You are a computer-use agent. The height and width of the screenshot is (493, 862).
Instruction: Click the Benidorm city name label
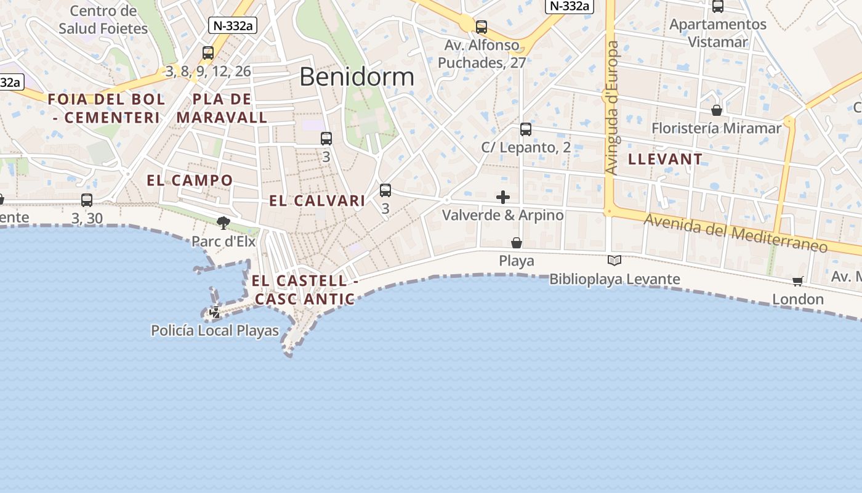tap(356, 77)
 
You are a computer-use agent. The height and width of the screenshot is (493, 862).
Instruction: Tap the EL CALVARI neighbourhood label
tap(317, 201)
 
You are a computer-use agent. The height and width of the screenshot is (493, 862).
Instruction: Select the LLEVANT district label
tap(665, 159)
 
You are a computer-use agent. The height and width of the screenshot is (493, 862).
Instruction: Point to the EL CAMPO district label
tap(190, 181)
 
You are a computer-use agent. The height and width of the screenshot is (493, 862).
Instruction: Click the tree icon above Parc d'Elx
tap(224, 222)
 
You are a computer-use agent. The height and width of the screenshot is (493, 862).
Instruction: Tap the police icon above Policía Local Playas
tap(215, 312)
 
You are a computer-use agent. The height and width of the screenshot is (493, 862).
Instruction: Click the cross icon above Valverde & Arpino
tap(503, 197)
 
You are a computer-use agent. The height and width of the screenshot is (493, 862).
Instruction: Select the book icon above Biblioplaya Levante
tap(614, 261)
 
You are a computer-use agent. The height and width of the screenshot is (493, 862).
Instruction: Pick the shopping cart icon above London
tap(798, 282)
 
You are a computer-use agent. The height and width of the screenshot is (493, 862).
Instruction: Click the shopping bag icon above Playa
tap(517, 243)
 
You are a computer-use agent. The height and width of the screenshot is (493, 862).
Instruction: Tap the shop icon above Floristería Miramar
tap(717, 110)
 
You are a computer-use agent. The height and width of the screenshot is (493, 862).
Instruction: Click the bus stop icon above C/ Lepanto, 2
tap(525, 129)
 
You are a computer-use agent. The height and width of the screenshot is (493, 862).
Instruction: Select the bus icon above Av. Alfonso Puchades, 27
tap(481, 27)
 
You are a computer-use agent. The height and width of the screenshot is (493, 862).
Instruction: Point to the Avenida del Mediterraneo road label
tap(735, 233)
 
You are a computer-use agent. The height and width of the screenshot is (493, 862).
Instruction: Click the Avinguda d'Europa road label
tap(611, 108)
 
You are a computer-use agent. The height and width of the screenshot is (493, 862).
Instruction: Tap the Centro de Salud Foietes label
tap(103, 20)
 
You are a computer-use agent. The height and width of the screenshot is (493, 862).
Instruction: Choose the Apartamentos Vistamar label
tap(718, 33)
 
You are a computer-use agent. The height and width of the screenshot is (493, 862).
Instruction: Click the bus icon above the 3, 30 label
tap(87, 200)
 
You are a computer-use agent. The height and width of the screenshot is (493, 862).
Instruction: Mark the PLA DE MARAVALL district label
tap(222, 108)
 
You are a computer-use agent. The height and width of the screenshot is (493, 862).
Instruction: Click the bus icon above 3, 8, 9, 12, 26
tap(208, 53)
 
